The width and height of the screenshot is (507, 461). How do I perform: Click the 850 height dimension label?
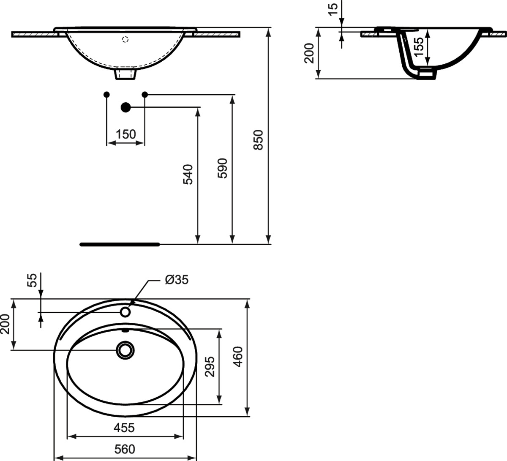click(258, 140)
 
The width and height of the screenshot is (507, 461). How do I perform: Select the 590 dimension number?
click(222, 168)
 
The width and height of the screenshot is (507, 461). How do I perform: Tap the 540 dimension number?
click(188, 174)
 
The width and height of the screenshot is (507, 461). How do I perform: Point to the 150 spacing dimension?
click(125, 134)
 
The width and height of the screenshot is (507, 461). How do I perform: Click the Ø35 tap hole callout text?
click(177, 280)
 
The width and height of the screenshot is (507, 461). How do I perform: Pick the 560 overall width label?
click(125, 449)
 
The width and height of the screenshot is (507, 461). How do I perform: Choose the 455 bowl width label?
click(124, 428)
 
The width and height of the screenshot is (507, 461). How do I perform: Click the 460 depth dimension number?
click(238, 357)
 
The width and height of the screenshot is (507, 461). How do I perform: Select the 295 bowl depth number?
click(210, 367)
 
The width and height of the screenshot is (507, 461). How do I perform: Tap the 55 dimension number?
click(32, 280)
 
